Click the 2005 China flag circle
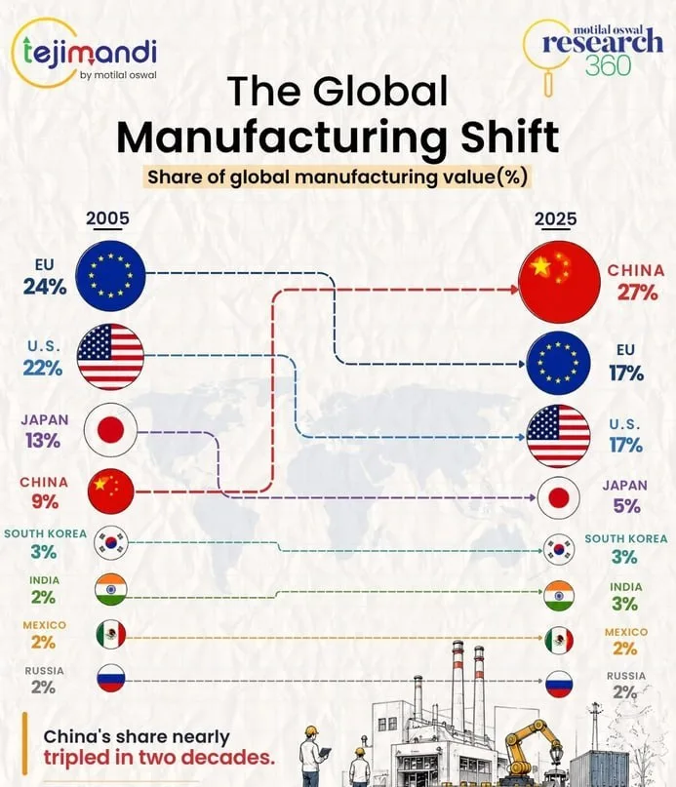pyautogui.click(x=111, y=492)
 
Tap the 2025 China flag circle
pyautogui.click(x=559, y=282)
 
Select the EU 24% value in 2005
pyautogui.click(x=45, y=287)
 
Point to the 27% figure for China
pyautogui.click(x=637, y=293)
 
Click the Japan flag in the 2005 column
pyautogui.click(x=110, y=431)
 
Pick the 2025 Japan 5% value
pyautogui.click(x=626, y=506)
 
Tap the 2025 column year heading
pyautogui.click(x=555, y=218)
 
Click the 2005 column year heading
pyautogui.click(x=107, y=217)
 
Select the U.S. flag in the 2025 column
pyautogui.click(x=559, y=436)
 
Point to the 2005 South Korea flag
pyautogui.click(x=111, y=543)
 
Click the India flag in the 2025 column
pyautogui.click(x=559, y=596)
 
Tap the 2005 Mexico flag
pyautogui.click(x=111, y=635)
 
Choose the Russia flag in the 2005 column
pyautogui.click(x=111, y=678)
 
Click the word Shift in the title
pyautogui.click(x=510, y=136)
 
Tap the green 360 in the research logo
pyautogui.click(x=608, y=64)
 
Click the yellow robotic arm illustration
pyautogui.click(x=532, y=746)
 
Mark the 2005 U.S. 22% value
pyautogui.click(x=43, y=369)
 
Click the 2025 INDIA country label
pyautogui.click(x=626, y=587)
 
